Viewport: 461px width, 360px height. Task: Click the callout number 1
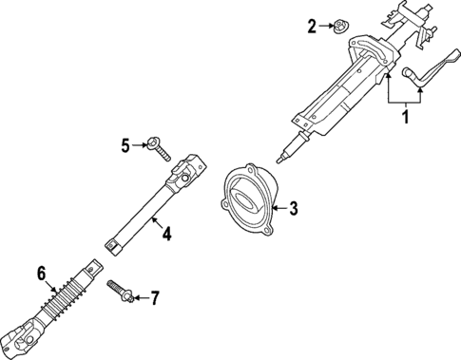point(406,119)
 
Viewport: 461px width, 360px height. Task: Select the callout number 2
point(312,27)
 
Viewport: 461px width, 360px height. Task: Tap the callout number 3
point(294,206)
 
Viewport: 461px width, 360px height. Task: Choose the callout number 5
point(125,144)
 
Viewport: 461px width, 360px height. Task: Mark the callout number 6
point(42,274)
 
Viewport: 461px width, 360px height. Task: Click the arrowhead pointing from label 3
point(275,206)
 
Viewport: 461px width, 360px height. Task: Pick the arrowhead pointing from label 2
point(328,26)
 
